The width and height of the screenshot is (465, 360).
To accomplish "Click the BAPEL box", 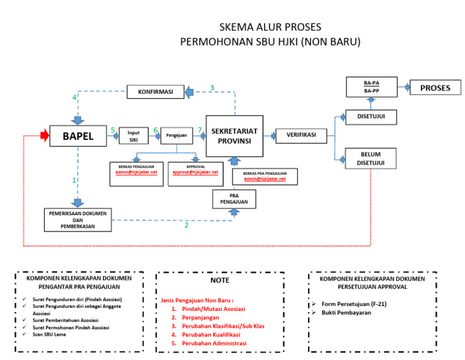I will pyautogui.click(x=78, y=137).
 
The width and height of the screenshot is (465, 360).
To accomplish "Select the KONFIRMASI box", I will pyautogui.click(x=155, y=92).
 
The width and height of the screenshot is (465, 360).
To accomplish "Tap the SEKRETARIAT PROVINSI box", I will pyautogui.click(x=234, y=136).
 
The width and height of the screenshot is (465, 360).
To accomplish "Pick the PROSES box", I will pyautogui.click(x=435, y=88).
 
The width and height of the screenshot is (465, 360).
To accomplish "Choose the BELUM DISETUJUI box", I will pyautogui.click(x=371, y=158).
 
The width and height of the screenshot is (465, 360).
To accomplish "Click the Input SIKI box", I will pyautogui.click(x=134, y=136).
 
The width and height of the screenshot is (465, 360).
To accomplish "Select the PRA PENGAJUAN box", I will pyautogui.click(x=234, y=199).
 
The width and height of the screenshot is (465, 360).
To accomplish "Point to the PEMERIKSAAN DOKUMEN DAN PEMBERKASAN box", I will pyautogui.click(x=77, y=219).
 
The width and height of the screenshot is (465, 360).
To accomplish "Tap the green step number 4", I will pyautogui.click(x=74, y=98).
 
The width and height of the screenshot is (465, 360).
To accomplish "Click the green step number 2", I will pyautogui.click(x=186, y=225).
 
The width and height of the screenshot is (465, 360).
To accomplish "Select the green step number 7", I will pyautogui.click(x=200, y=130).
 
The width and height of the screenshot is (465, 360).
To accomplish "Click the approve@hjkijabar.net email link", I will pyautogui.click(x=195, y=172).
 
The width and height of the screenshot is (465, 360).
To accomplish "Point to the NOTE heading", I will pyautogui.click(x=220, y=281).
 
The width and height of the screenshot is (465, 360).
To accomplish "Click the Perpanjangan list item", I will pyautogui.click(x=194, y=317).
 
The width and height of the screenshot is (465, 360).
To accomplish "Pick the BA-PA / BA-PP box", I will pyautogui.click(x=371, y=87).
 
